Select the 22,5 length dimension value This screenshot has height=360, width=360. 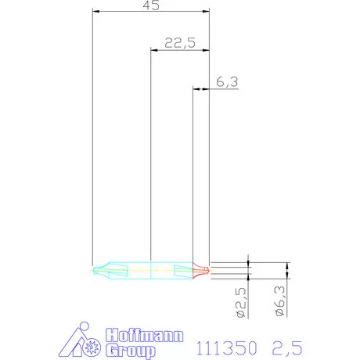click(180, 43)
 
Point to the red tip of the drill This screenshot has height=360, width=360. click(202, 271)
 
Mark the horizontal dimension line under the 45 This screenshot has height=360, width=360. click(151, 11)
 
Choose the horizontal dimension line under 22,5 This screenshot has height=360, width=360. click(180, 50)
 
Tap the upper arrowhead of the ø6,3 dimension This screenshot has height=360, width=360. click(287, 265)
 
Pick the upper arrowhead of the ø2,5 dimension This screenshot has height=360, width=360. click(248, 265)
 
